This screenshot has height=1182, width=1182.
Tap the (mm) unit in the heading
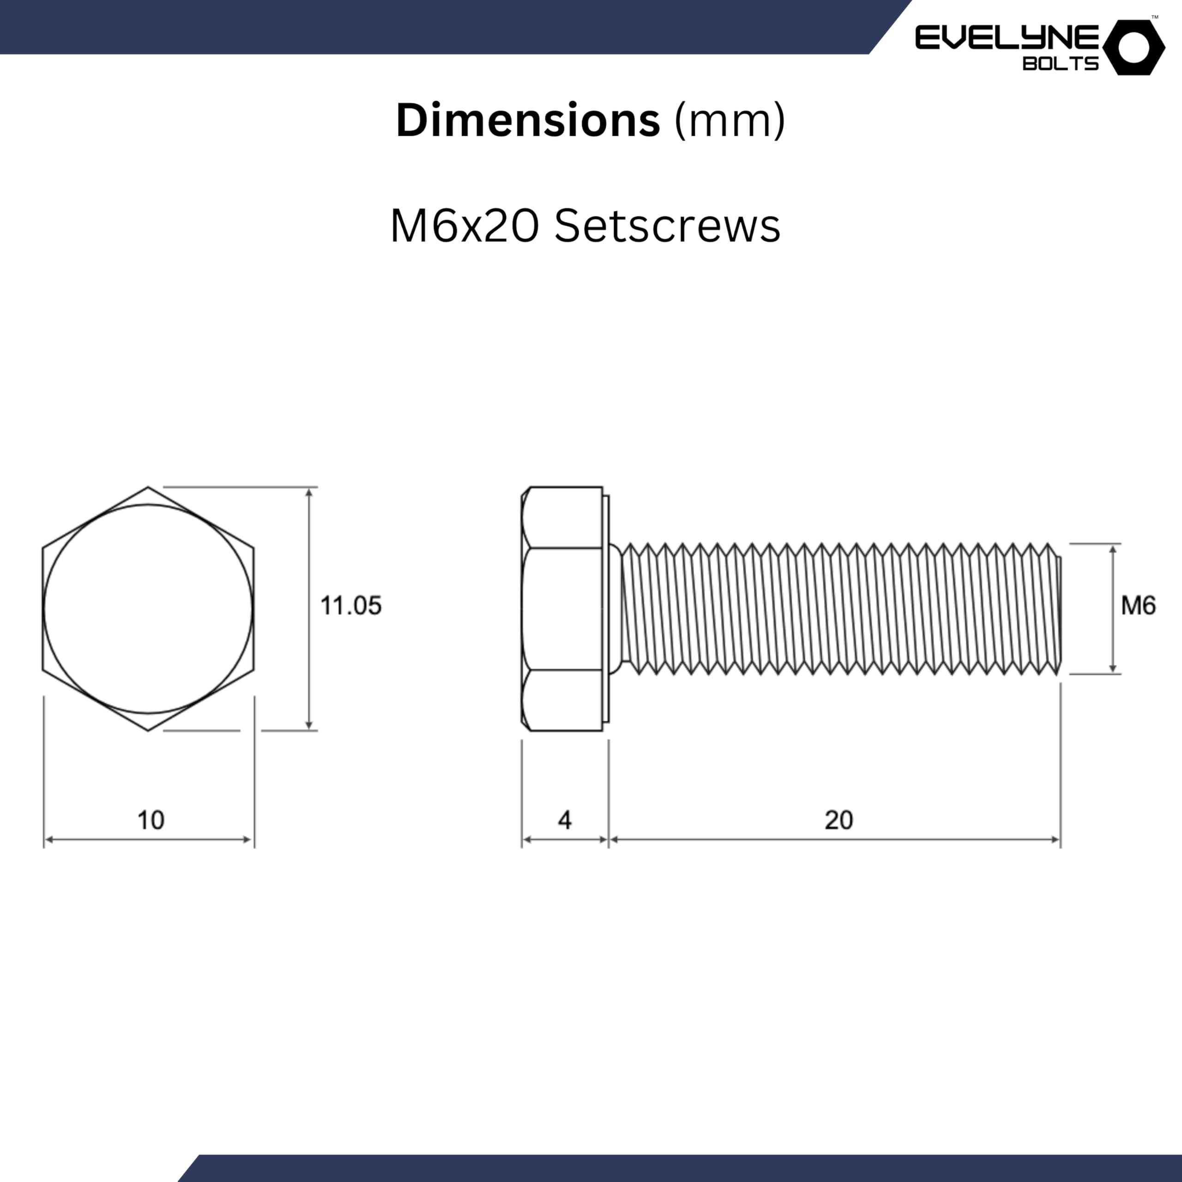click(729, 121)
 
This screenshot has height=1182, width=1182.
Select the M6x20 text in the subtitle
click(464, 226)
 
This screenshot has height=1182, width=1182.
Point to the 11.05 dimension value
click(350, 606)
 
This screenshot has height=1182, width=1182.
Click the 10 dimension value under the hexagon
click(151, 820)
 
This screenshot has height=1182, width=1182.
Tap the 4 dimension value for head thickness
click(565, 820)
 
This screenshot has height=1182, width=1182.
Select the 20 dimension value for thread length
click(838, 820)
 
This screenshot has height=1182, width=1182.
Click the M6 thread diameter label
click(1139, 606)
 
